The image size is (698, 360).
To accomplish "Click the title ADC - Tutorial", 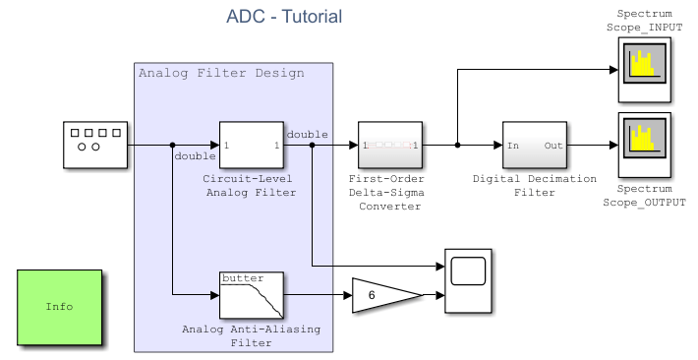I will pos(284,17).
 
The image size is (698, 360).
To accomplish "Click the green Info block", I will pos(59,307).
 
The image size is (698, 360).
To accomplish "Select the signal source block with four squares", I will pos(95,146).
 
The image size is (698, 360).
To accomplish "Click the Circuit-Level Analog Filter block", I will pos(251,146).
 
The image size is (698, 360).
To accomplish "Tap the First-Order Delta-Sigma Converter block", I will pos(390,146).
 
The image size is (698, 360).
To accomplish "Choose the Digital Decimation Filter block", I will pos(534,146).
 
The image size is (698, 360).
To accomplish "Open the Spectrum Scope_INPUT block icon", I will pos(644,70).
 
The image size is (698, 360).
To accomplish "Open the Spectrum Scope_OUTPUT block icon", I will pos(644,146).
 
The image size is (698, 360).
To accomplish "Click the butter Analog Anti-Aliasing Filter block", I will pos(251,294).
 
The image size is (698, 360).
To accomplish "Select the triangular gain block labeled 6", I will pos(383,295).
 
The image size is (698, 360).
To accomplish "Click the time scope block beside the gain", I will pos(468,280).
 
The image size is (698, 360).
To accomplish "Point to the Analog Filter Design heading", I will pos(221,73).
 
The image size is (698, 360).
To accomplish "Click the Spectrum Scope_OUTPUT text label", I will pos(644,195).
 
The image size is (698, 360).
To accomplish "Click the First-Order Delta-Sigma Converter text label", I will pos(390,193).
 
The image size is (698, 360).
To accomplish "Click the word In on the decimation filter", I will pos(512,146).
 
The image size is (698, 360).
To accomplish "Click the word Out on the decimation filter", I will pos(553,146).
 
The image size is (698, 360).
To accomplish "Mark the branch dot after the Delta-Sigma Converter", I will pos(458,146).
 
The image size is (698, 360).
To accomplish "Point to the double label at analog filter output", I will pos(308,134).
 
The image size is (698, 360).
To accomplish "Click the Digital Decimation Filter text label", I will pos(534,186).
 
